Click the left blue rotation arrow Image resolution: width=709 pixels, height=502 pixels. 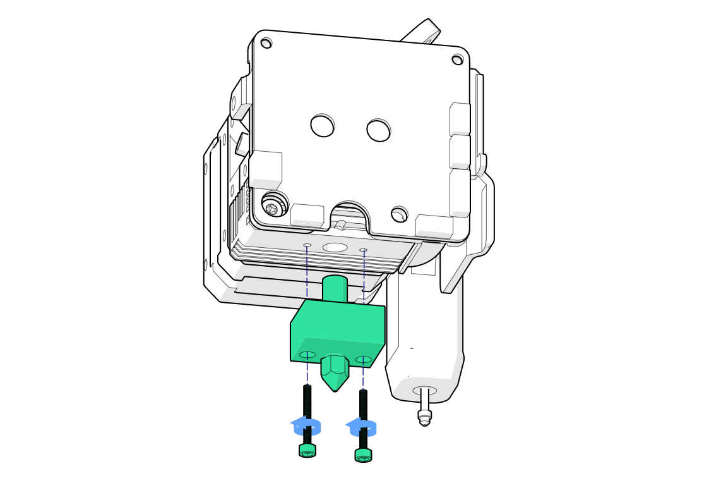pos(306,427)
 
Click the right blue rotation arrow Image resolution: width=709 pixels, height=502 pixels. pos(362,428)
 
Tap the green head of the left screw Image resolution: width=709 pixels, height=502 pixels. pos(307,450)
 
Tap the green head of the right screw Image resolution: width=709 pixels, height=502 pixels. pos(363,455)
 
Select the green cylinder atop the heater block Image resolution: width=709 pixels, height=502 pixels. pos(335,288)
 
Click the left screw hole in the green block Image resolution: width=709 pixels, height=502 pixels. pos(307,355)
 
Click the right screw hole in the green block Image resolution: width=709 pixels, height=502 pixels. pos(363,360)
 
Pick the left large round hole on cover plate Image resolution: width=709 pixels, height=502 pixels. pos(322,126)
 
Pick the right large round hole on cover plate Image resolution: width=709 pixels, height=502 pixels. pos(378,131)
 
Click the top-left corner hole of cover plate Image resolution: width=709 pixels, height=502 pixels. pos(266,44)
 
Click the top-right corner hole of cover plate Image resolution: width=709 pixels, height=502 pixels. pos(457,60)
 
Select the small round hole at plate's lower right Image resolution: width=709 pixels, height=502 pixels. pos(399,215)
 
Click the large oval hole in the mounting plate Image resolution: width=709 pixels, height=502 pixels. pos(335,247)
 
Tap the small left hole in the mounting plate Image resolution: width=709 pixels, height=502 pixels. pos(307,245)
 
